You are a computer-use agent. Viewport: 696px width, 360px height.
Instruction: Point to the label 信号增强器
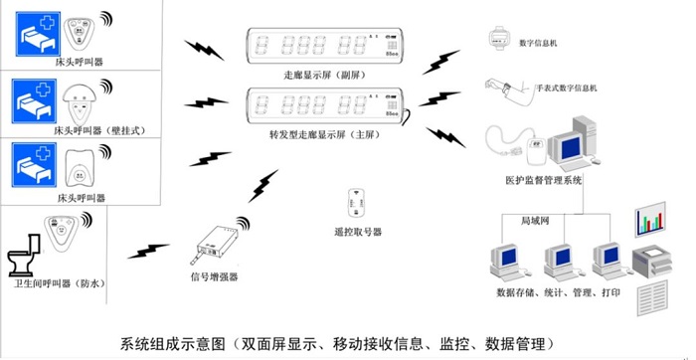tap(214, 277)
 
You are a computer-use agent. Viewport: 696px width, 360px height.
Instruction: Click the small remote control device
tap(354, 205)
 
